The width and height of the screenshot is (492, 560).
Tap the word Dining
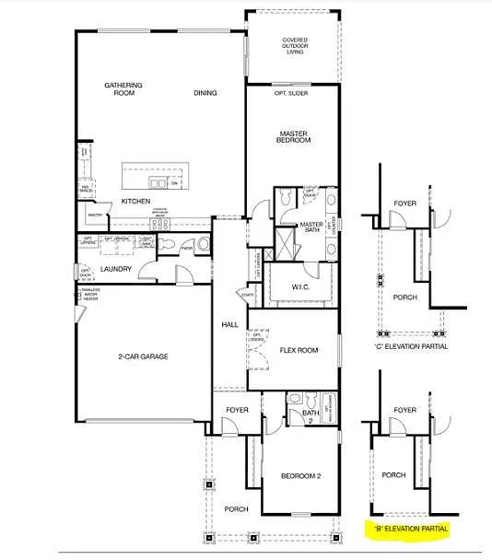(x=205, y=93)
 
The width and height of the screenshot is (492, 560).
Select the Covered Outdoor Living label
(x=295, y=46)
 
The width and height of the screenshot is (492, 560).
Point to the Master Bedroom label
(x=294, y=136)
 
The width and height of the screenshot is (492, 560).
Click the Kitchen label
(x=136, y=200)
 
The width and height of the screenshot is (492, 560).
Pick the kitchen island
(x=152, y=175)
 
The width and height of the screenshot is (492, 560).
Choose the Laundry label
(x=116, y=269)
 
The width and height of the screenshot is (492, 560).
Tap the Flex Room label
(x=299, y=350)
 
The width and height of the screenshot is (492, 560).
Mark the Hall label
(x=229, y=325)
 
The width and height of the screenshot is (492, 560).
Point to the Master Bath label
(x=310, y=227)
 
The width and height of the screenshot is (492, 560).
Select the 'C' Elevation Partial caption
(x=411, y=346)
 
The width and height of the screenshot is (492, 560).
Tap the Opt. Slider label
(x=291, y=93)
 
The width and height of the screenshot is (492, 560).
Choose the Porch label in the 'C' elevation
(x=405, y=297)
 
